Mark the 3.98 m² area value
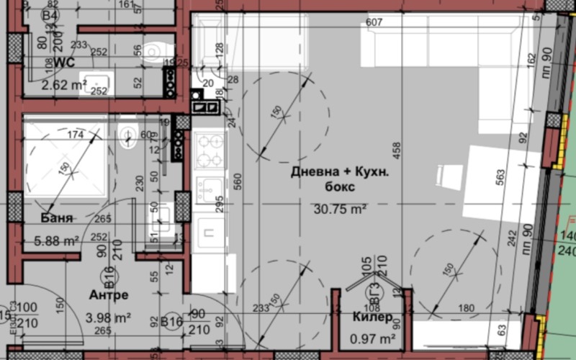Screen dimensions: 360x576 (x=109, y=316)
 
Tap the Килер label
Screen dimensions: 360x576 (x=372, y=317)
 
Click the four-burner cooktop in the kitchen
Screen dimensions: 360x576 (x=210, y=150)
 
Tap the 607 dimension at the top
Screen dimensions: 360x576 (x=374, y=22)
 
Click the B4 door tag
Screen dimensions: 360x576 (x=49, y=15)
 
